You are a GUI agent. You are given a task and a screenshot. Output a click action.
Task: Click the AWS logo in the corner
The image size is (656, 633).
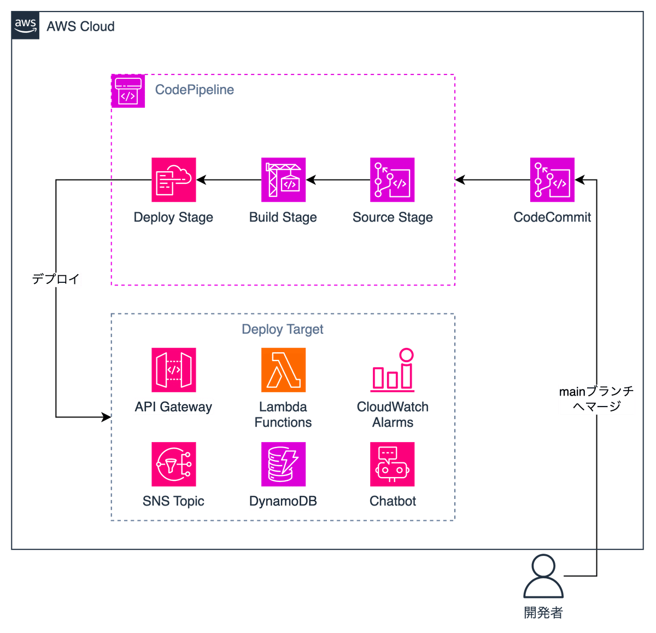pyautogui.click(x=25, y=25)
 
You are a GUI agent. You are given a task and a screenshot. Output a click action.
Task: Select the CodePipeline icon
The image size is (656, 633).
pyautogui.click(x=128, y=91)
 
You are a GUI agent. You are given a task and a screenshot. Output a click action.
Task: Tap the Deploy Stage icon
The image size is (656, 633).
pyautogui.click(x=174, y=180)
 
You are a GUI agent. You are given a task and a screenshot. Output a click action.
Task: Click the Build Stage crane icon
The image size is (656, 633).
pyautogui.click(x=283, y=180)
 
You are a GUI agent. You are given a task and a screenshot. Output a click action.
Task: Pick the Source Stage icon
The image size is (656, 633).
pyautogui.click(x=392, y=180)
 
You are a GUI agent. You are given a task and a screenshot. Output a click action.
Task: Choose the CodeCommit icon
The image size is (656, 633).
pyautogui.click(x=552, y=180)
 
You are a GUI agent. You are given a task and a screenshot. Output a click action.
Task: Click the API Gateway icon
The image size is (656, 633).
pyautogui.click(x=174, y=370)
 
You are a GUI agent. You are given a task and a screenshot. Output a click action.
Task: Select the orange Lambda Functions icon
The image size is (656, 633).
pyautogui.click(x=283, y=370)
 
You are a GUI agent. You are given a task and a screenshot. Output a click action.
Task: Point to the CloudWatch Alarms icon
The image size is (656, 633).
pyautogui.click(x=392, y=370)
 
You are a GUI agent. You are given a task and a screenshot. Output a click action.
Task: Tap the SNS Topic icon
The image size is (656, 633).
pyautogui.click(x=174, y=464)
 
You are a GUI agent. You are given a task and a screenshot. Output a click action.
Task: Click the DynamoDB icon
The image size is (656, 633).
pyautogui.click(x=283, y=464)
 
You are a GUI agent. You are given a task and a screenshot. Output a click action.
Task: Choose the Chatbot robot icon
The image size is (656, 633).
pyautogui.click(x=392, y=464)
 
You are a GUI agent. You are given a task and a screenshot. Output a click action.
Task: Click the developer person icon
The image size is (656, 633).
pyautogui.click(x=543, y=576)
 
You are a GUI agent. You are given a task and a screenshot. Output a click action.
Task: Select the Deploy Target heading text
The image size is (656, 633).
pyautogui.click(x=283, y=329)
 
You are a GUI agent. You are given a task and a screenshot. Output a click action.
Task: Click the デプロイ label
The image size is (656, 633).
pyautogui.click(x=56, y=278)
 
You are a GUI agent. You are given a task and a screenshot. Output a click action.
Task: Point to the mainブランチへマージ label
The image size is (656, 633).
pyautogui.click(x=596, y=398)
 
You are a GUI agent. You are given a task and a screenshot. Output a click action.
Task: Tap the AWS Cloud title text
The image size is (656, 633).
pyautogui.click(x=80, y=26)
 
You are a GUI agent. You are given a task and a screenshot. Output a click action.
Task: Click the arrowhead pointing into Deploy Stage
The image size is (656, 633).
pyautogui.click(x=201, y=180)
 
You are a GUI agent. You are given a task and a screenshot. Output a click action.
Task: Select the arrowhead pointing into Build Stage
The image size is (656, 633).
pyautogui.click(x=311, y=180)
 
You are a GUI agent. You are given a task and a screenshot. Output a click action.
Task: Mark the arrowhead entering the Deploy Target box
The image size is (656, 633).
pyautogui.click(x=107, y=417)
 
